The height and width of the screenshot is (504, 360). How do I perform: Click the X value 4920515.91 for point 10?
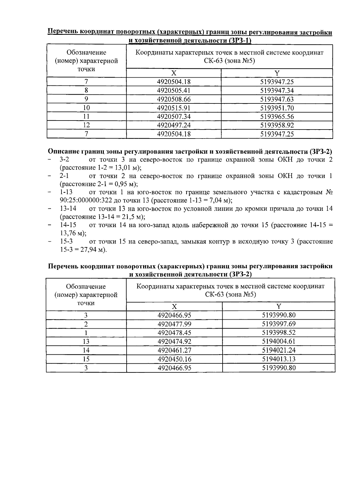174,108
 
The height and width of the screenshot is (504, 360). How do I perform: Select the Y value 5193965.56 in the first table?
277,117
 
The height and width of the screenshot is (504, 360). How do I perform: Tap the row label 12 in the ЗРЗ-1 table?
86,125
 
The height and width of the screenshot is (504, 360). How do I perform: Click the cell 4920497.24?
174,125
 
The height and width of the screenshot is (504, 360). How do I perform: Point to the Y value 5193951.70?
277,108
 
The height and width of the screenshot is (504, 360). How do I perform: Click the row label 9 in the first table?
86,99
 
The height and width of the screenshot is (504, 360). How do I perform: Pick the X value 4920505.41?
174,91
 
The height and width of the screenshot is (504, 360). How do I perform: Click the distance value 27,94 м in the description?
90,249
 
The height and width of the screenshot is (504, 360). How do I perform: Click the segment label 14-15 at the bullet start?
68,225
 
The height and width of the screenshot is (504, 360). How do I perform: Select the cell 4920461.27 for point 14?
174,350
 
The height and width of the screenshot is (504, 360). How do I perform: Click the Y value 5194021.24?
279,350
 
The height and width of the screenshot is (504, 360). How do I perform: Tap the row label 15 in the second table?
86,359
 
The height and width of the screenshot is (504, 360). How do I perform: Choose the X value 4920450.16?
174,359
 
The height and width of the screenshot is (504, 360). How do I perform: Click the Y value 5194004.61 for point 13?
279,341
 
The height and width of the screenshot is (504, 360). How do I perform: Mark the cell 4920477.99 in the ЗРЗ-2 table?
174,324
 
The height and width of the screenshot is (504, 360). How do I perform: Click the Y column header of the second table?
279,306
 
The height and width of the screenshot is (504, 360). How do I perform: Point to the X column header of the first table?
174,73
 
